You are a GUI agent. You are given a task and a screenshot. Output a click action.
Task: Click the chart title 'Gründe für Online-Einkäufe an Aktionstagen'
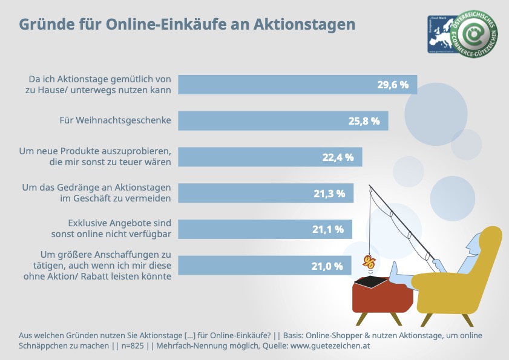click(x=187, y=25)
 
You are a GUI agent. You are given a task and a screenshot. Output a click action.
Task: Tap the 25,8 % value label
click(x=363, y=121)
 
